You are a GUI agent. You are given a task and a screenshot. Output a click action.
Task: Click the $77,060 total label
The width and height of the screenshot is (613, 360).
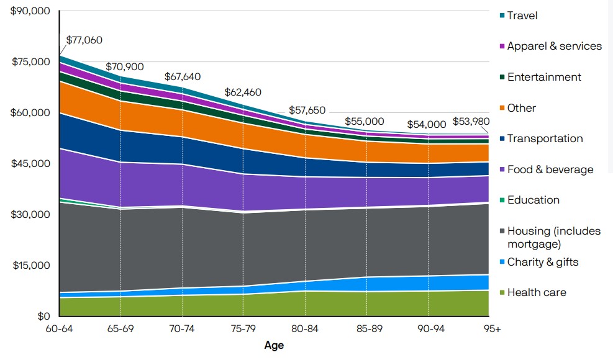coord(84,40)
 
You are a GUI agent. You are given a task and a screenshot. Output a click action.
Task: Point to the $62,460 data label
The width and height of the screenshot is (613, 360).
coord(243,92)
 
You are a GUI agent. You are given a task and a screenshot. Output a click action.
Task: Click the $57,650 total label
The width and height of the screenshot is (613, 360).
coord(307,110)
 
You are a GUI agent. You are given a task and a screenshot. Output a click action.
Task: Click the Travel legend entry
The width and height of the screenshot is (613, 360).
coord(522,16)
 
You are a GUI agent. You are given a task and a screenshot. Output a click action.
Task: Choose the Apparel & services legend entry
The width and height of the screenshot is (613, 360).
coord(554,46)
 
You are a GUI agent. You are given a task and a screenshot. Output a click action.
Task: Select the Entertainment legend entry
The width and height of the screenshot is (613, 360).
coord(544,77)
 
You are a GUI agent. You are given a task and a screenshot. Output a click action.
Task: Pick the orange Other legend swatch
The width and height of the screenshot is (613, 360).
coord(501,108)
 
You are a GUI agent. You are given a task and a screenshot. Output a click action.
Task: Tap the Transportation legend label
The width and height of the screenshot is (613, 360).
coord(545,138)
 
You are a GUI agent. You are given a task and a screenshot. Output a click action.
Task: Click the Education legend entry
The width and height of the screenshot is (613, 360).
coord(533,200)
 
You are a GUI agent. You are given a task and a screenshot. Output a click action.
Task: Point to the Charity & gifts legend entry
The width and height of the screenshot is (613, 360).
coord(542,262)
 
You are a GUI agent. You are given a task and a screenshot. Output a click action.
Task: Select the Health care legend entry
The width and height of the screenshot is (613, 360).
coord(537,292)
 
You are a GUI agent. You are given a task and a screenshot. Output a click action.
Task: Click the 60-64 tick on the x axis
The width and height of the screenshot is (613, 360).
coord(60,330)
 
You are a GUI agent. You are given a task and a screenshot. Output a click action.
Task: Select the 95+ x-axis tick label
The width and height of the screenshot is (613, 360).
coord(492,330)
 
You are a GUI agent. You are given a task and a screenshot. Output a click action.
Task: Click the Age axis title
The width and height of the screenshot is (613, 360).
coord(274,345)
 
